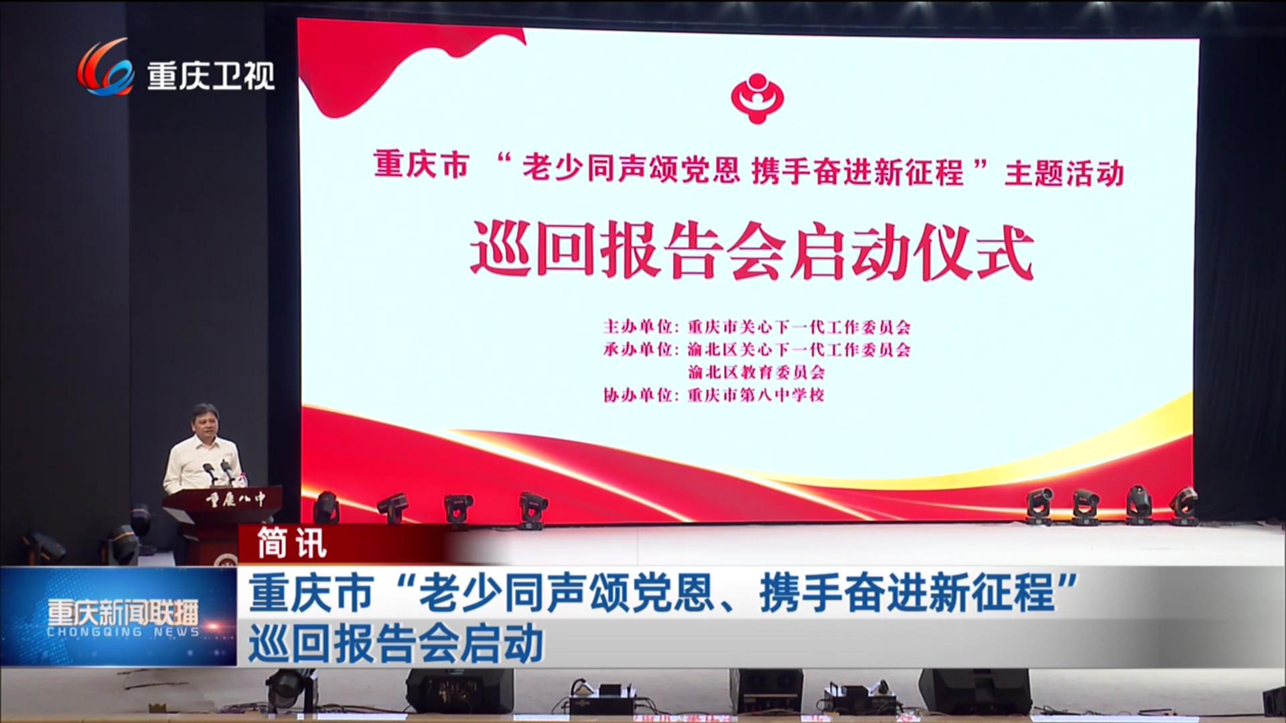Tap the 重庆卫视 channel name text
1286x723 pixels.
click(211, 75)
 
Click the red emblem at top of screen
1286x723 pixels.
click(756, 96)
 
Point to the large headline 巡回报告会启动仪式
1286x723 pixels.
click(752, 254)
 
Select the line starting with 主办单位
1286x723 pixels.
click(757, 327)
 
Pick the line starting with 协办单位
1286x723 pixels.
click(714, 395)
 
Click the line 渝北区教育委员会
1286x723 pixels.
click(757, 372)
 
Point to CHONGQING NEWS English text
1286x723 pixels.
click(123, 633)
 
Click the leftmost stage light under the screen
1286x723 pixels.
click(327, 507)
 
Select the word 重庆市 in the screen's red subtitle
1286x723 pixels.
click(421, 166)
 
